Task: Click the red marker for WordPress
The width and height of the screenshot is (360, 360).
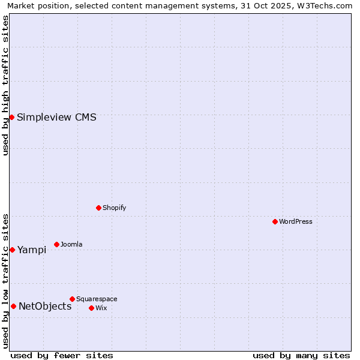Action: coord(275,221)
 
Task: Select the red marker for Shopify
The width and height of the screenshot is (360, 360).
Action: coord(98,208)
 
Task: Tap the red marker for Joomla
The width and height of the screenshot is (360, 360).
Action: coord(56,244)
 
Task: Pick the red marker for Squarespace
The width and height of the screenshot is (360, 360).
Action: coord(72,299)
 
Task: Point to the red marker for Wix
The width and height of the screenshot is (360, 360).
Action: coord(91,308)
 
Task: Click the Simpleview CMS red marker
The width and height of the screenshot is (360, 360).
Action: coord(11,117)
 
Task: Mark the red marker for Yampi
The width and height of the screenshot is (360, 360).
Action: coord(12,250)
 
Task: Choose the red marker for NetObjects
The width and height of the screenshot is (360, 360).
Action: coord(13,306)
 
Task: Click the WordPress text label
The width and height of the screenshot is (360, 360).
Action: coord(296,221)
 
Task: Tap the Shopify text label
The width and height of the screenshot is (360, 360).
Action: coord(115,208)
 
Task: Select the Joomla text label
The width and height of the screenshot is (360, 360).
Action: coord(71,244)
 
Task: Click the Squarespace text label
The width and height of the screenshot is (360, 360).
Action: coord(97,299)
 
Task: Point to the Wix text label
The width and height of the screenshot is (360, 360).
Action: coord(101,308)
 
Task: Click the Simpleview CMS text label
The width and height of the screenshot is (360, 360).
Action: coord(56,117)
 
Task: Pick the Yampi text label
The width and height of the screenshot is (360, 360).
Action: coord(32,250)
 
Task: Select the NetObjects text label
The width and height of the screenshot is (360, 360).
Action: coord(45,306)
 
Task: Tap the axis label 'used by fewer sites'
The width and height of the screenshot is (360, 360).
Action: coord(62,355)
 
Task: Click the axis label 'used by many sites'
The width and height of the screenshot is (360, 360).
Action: coord(301,355)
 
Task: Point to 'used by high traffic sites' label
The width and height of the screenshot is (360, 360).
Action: coord(6,85)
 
